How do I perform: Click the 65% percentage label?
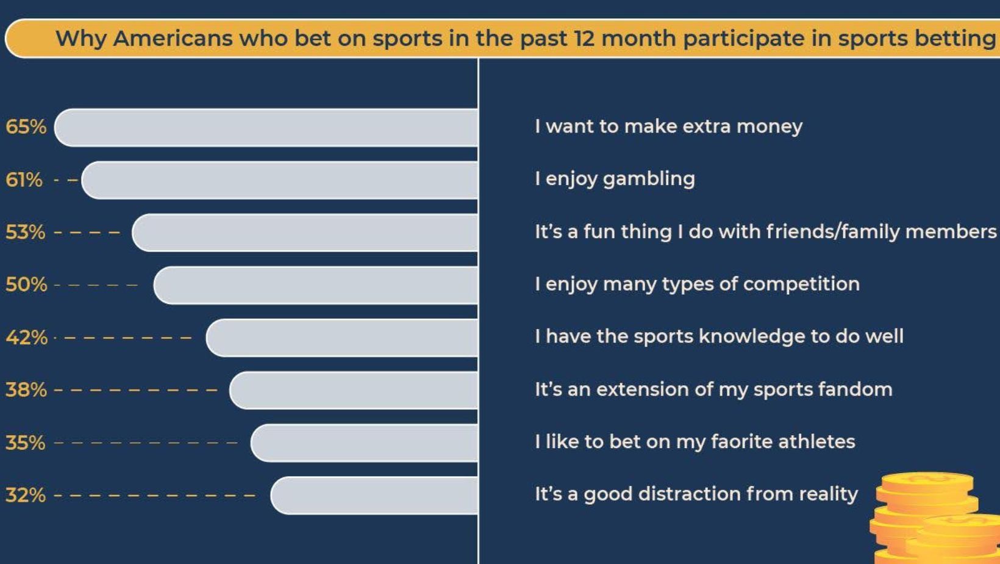point(26,127)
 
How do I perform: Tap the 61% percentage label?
point(24,180)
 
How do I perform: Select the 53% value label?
point(26,233)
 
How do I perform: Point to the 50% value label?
point(26,284)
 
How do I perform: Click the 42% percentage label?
point(26,338)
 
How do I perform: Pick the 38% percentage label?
point(26,389)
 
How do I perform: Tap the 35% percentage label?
point(26,443)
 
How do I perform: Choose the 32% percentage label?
point(26,495)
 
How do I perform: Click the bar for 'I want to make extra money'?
point(266,128)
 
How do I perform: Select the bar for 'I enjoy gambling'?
point(279,180)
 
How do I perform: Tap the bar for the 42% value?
point(342,338)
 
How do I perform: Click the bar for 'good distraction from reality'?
point(374,496)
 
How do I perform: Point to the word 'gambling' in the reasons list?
point(649,179)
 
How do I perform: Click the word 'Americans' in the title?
point(173,38)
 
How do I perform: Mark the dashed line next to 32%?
point(154,496)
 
